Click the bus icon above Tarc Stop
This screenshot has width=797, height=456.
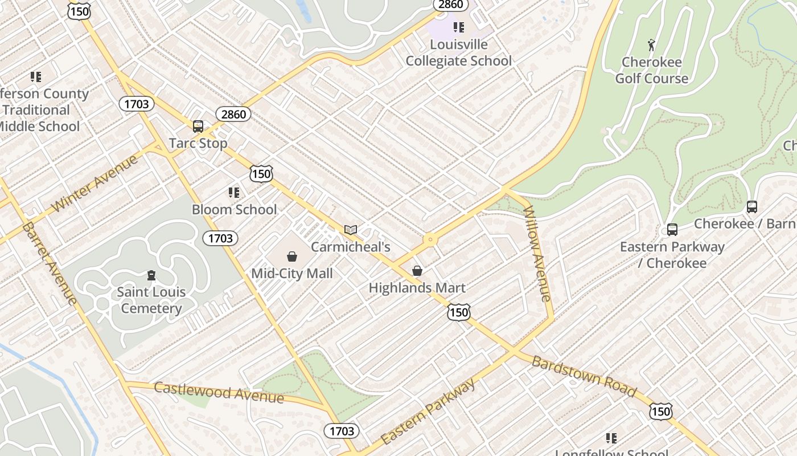(x=198, y=126)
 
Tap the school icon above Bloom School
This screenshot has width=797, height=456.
(x=234, y=193)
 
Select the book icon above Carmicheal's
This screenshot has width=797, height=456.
(x=351, y=230)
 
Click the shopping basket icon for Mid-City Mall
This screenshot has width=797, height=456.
(x=292, y=256)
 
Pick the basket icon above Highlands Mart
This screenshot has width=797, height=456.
(x=417, y=271)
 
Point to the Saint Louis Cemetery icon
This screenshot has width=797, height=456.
(x=151, y=276)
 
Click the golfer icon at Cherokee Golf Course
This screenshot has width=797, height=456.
(x=651, y=44)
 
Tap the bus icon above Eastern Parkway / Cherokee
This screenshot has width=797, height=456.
(x=672, y=230)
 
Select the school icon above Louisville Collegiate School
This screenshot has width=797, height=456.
(x=459, y=27)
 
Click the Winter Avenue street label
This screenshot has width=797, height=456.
(x=95, y=183)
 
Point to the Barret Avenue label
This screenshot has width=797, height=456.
(x=50, y=263)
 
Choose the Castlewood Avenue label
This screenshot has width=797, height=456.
(x=219, y=392)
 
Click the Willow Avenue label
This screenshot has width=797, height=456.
(x=537, y=253)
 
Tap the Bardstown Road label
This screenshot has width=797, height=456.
(x=584, y=376)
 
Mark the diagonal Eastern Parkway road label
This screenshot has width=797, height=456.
(x=428, y=412)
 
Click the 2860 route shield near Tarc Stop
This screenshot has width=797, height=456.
(x=233, y=114)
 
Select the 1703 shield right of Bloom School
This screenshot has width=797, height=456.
(x=220, y=238)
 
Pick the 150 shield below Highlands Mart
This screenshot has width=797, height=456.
(x=459, y=312)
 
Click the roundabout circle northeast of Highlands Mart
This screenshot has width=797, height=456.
(x=430, y=240)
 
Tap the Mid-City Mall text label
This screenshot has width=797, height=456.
(x=292, y=274)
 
